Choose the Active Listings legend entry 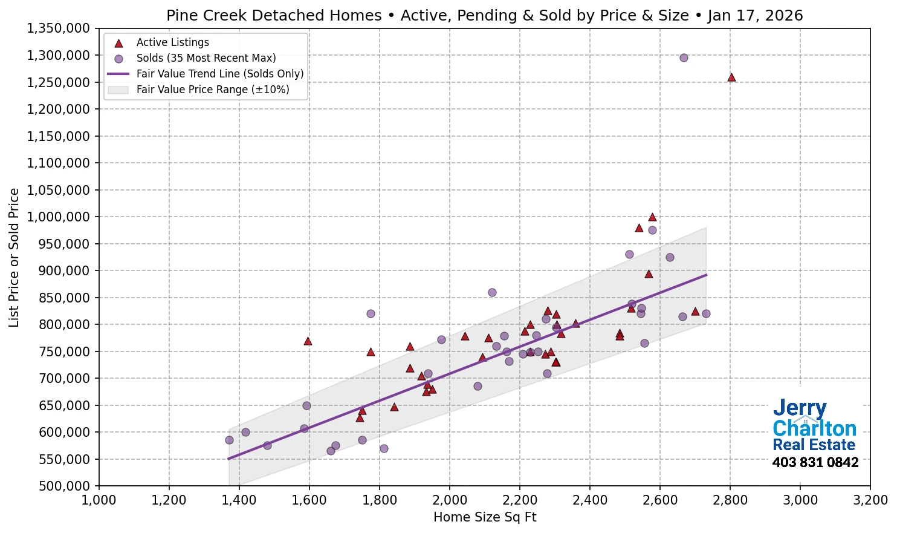[x=172, y=42]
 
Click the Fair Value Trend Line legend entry [x=219, y=74]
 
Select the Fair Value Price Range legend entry [x=212, y=90]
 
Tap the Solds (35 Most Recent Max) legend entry [x=206, y=58]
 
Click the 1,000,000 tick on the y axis [x=59, y=217]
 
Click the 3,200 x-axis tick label [x=870, y=500]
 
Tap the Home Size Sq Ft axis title [x=485, y=517]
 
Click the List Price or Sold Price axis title [x=14, y=258]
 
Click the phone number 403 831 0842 [x=815, y=463]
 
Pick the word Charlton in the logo [x=814, y=428]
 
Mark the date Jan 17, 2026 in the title [x=755, y=15]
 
